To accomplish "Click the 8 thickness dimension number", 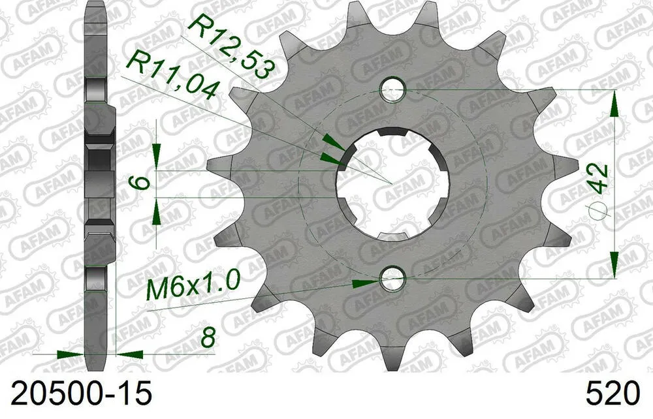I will click(208, 339).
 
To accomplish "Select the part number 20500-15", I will click(76, 394).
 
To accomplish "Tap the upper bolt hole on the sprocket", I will click(392, 89).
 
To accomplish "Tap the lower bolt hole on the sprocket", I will click(392, 279).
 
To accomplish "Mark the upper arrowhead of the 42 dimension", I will click(614, 102).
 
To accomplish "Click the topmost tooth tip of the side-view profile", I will click(95, 7).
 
